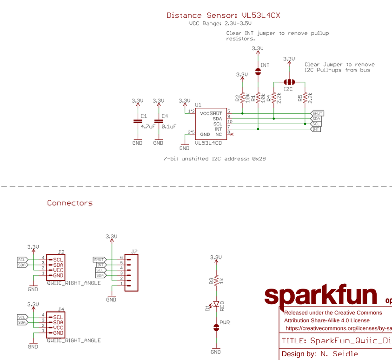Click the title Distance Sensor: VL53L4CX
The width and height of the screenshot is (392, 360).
223,15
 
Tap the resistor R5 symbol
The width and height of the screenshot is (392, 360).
305,98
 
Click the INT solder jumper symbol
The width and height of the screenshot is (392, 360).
258,71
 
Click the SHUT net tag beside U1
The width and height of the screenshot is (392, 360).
317,113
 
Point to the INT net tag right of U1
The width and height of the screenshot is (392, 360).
316,129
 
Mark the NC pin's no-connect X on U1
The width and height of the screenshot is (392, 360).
232,134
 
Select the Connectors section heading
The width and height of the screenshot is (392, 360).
70,203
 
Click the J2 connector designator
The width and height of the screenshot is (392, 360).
61,252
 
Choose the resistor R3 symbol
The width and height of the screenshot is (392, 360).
216,280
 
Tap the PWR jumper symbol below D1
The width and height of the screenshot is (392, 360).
216,328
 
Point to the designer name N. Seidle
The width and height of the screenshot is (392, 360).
339,354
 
